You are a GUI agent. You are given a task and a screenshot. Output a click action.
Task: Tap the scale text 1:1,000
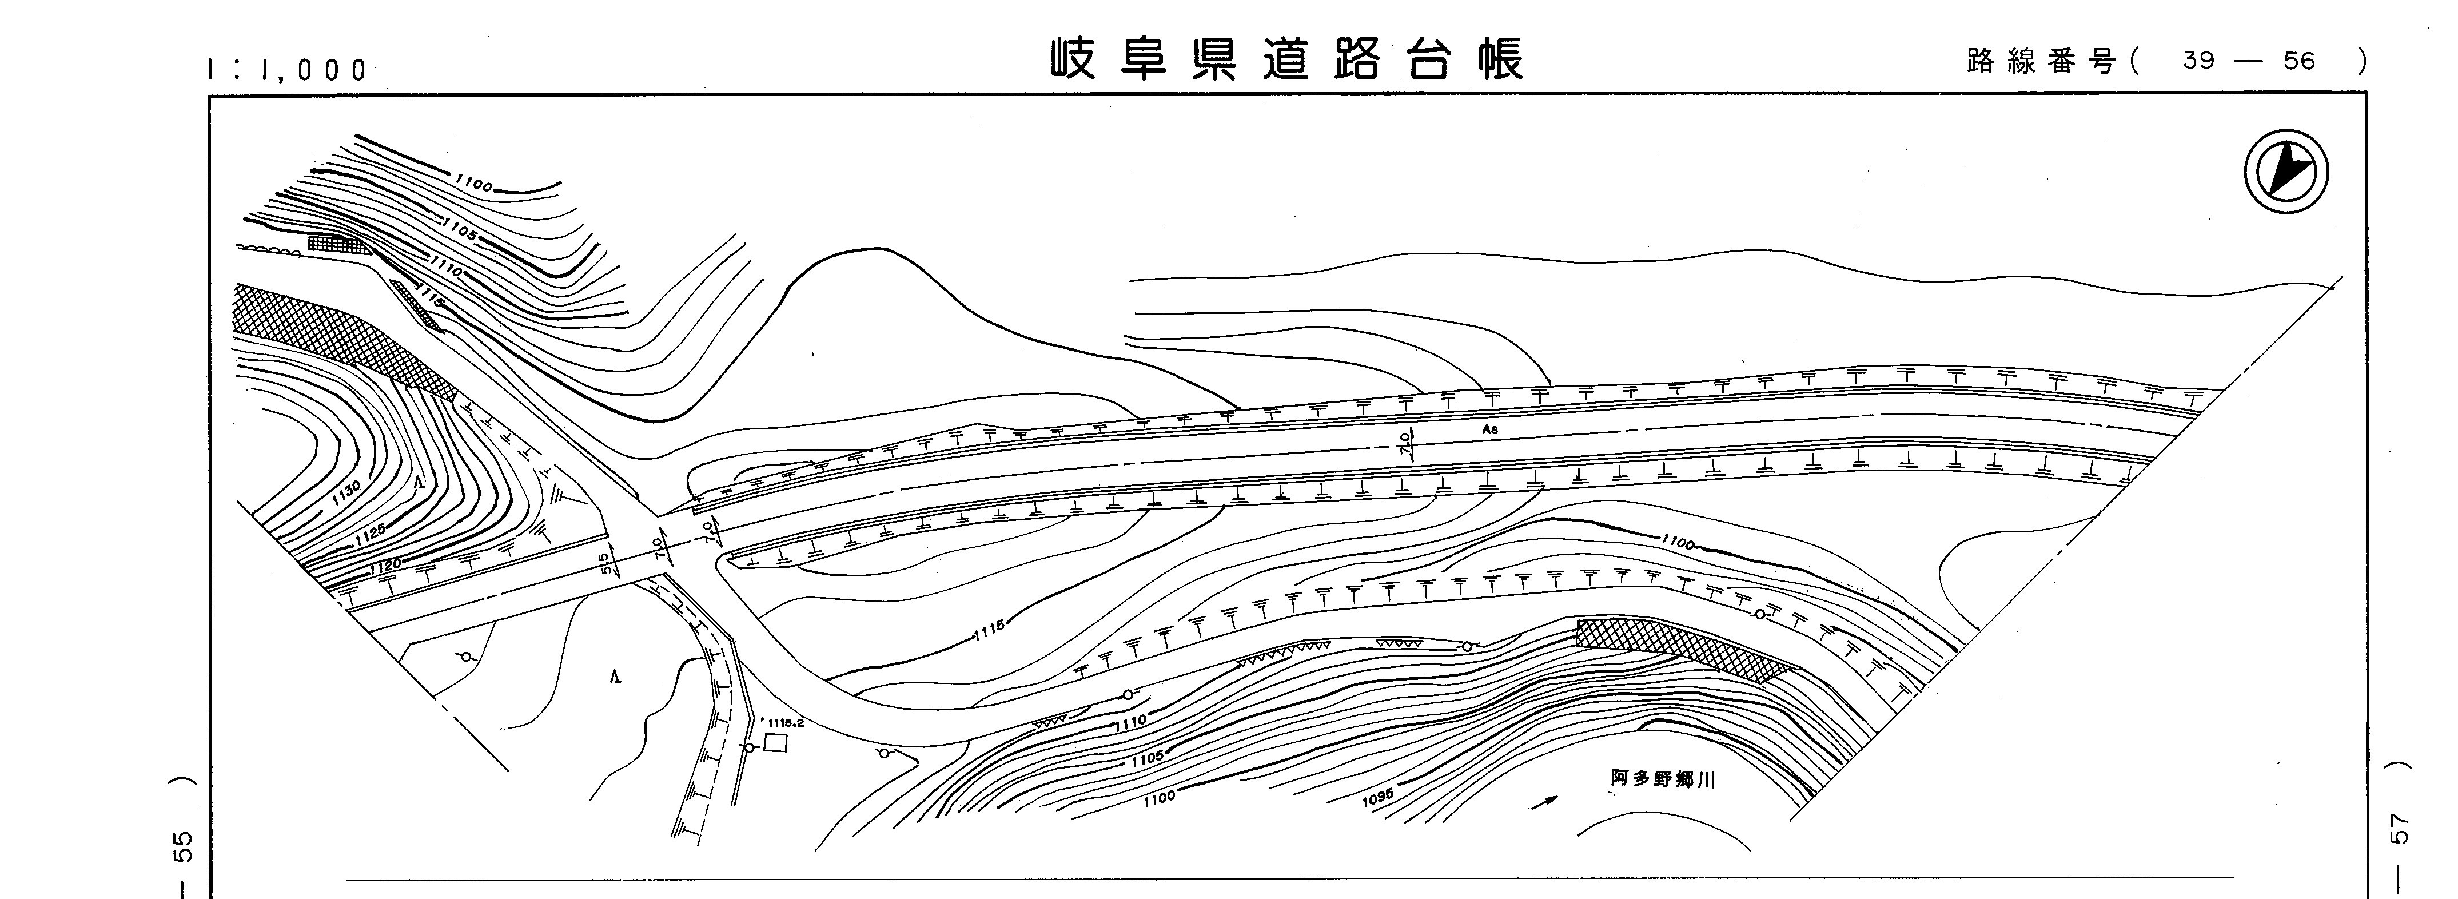point(287,70)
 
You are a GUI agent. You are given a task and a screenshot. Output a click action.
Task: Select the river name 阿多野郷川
point(1662,779)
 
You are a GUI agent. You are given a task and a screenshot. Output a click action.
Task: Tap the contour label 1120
point(385,566)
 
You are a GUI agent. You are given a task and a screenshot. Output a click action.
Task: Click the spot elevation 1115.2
point(784,722)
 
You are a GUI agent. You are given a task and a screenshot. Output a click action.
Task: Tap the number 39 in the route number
point(2198,61)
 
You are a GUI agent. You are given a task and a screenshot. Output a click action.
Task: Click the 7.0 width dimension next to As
point(1405,443)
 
